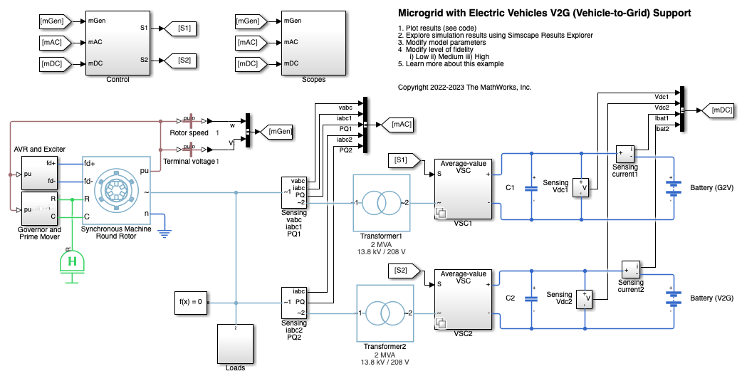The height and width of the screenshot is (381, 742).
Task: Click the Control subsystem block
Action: pyautogui.click(x=117, y=43)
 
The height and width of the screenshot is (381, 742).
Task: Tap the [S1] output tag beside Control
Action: pyautogui.click(x=180, y=28)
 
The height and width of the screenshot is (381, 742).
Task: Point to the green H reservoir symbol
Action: pyautogui.click(x=71, y=262)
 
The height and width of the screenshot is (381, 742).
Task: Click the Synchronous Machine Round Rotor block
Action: pyautogui.click(x=116, y=192)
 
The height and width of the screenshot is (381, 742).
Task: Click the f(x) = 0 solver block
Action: pyautogui.click(x=191, y=301)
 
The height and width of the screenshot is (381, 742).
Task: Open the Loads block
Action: pyautogui.click(x=235, y=346)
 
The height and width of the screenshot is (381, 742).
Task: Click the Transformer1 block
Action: pyautogui.click(x=381, y=203)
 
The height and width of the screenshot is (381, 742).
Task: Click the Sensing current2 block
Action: pyautogui.click(x=630, y=270)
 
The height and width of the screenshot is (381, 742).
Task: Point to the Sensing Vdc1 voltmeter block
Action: pyautogui.click(x=582, y=187)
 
